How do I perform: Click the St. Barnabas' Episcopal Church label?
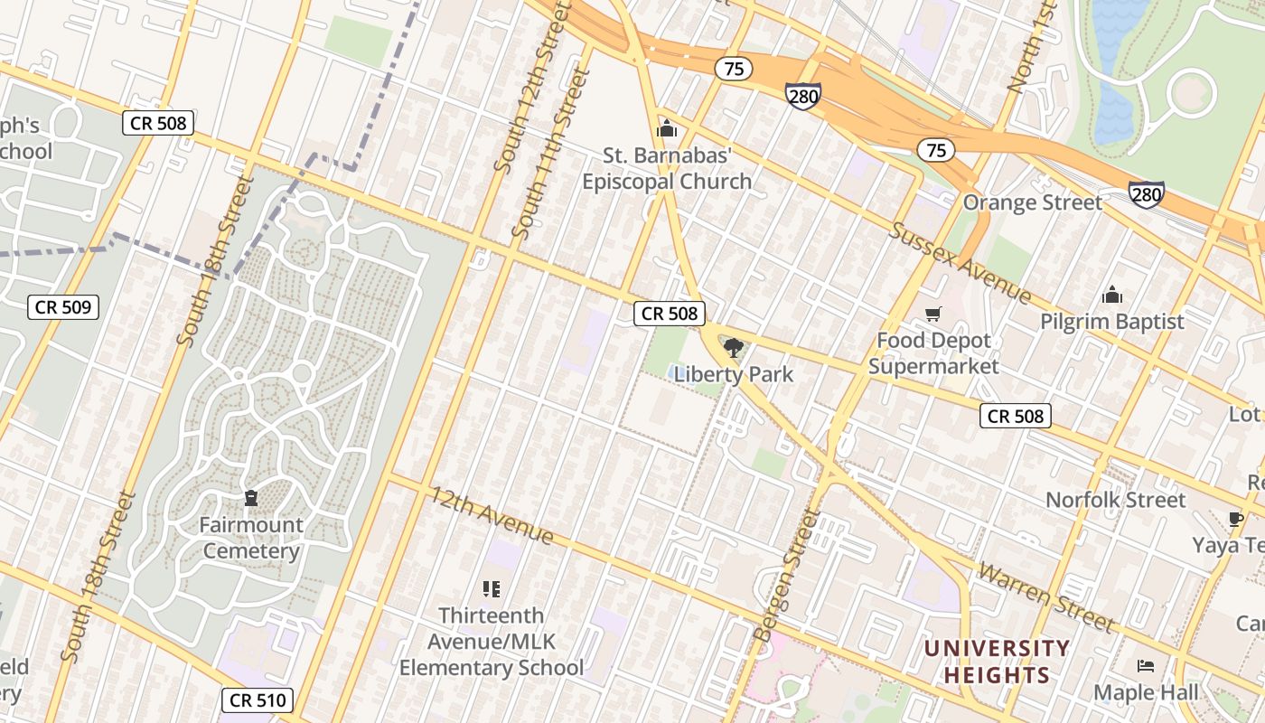coord(666,169)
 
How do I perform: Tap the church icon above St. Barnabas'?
coord(667,129)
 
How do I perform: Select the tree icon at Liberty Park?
coord(733,348)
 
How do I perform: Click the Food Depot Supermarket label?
coord(933,353)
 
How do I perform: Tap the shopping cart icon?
coord(933,315)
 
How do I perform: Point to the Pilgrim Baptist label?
coord(1111,322)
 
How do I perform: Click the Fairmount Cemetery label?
coord(250,538)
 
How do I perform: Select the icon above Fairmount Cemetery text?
coord(250,498)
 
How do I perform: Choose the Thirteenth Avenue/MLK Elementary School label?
coord(492,642)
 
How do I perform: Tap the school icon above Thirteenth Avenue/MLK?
coord(492,589)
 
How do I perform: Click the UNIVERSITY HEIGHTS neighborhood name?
coord(997,662)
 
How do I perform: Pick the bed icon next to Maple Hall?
coord(1146,666)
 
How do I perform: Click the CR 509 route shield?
coord(62,307)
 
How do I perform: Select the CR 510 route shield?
coord(258,700)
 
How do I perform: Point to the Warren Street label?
coord(1046,597)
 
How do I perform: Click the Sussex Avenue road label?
coord(960,262)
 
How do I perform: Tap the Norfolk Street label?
coord(1115,500)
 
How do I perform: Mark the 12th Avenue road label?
coord(491,515)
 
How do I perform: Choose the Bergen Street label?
coord(787,575)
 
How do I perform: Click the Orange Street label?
coord(1032,202)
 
